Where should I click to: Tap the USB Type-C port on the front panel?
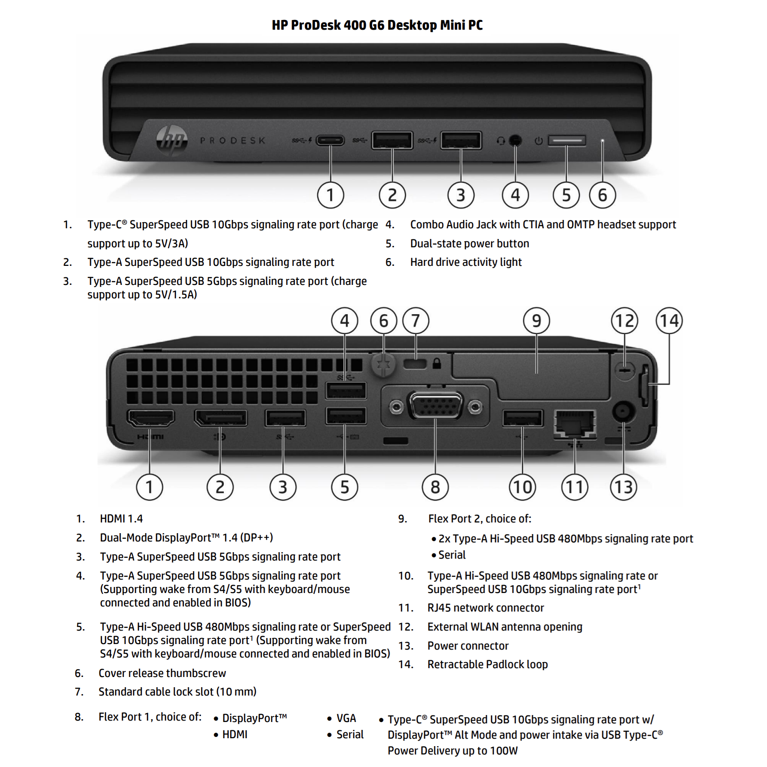(x=330, y=140)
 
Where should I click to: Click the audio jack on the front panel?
(x=515, y=140)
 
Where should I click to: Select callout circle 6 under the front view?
(x=602, y=195)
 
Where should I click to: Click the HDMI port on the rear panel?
(x=150, y=419)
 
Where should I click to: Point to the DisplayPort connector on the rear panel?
(x=221, y=419)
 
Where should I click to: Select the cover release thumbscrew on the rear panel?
(x=383, y=364)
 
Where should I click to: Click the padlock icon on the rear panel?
(x=437, y=363)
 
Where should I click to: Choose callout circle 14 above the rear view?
(x=669, y=321)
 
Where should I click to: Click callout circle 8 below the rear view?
(x=435, y=487)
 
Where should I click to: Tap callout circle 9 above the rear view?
(x=536, y=321)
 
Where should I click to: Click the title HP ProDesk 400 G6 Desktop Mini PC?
(x=377, y=25)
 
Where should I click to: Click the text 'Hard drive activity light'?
(x=466, y=262)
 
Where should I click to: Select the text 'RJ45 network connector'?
(x=485, y=608)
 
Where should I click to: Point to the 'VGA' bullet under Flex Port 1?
(x=346, y=718)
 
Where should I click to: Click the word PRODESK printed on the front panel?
(x=233, y=141)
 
